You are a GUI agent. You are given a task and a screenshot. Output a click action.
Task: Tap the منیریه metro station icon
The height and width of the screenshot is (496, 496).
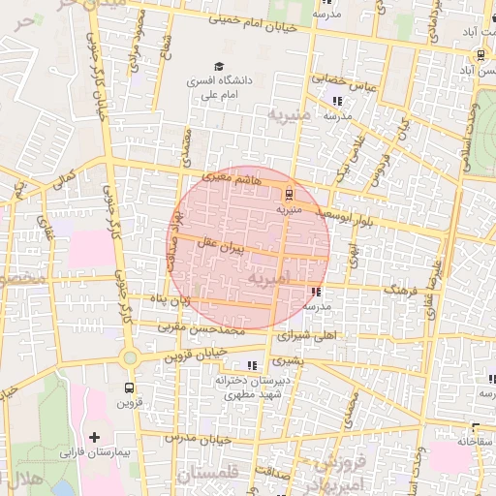[291, 193]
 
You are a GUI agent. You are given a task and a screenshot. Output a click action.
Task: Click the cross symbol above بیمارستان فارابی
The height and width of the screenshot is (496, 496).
[95, 438]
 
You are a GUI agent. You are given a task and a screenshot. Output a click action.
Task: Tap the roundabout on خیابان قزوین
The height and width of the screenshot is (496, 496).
[130, 357]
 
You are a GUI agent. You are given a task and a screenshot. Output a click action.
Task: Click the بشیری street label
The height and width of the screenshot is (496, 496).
[287, 359]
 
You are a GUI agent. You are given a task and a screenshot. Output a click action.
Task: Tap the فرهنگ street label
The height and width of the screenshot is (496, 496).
[401, 289]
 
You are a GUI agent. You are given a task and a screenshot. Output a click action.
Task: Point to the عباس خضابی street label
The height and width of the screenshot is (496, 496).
[334, 80]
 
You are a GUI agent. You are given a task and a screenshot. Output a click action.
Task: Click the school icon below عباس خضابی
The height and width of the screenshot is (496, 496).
[337, 100]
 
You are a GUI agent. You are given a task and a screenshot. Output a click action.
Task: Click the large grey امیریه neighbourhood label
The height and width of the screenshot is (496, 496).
[269, 279]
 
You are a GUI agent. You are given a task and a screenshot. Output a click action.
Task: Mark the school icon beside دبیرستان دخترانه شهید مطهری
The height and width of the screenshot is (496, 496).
[252, 365]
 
